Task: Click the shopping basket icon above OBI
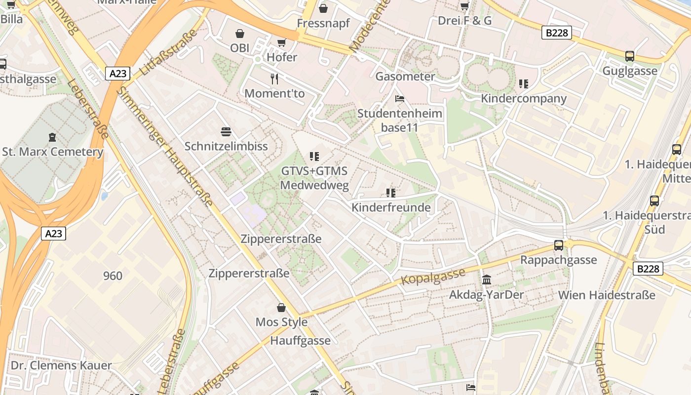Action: pyautogui.click(x=240, y=34)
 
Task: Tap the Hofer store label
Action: pyautogui.click(x=282, y=57)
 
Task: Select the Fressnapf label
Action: pyautogui.click(x=323, y=23)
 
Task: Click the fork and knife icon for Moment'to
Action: pyautogui.click(x=274, y=79)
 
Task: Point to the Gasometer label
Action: pyautogui.click(x=405, y=77)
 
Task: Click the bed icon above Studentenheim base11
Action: pyautogui.click(x=400, y=99)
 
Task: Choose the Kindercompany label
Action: pyautogui.click(x=524, y=98)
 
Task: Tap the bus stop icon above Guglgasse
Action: pyautogui.click(x=629, y=56)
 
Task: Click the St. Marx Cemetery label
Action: pyautogui.click(x=53, y=152)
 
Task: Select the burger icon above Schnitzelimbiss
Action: pyautogui.click(x=226, y=132)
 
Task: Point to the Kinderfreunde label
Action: pyautogui.click(x=391, y=207)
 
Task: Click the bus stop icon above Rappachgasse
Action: pyautogui.click(x=559, y=245)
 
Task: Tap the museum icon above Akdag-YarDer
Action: pyautogui.click(x=487, y=280)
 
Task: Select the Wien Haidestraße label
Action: pyautogui.click(x=607, y=295)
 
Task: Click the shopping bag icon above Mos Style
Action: pyautogui.click(x=281, y=308)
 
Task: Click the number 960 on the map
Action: pyautogui.click(x=113, y=276)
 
